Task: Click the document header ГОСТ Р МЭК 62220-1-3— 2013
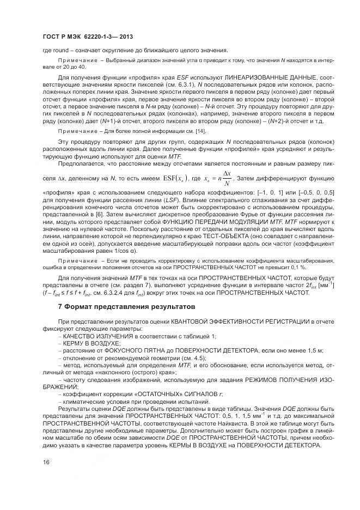[x=88, y=35]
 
